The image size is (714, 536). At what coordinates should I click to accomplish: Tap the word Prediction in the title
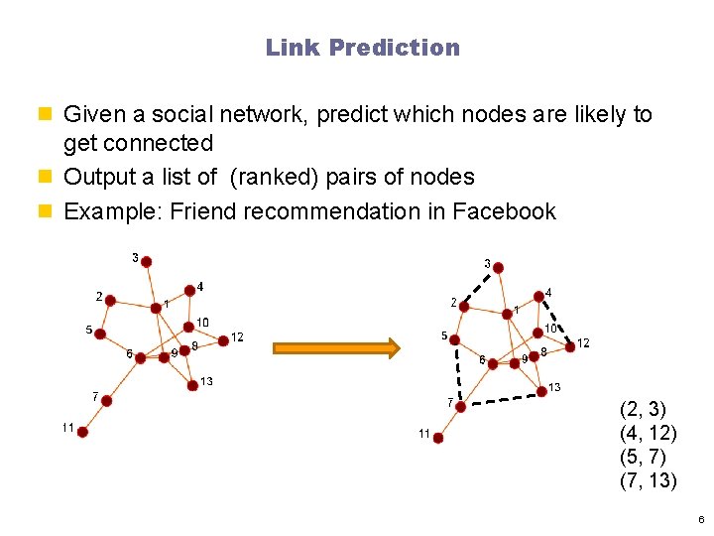coord(395,48)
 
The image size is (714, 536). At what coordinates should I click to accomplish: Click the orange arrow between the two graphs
coord(336,347)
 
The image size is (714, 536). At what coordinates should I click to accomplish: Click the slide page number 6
coord(700,519)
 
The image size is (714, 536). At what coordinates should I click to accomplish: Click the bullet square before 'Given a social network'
coord(51,115)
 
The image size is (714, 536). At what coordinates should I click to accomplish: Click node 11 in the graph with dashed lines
coord(437,436)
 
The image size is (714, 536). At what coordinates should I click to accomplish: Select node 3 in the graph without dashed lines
coord(146,262)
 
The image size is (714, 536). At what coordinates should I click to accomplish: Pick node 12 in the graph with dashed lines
coord(570,346)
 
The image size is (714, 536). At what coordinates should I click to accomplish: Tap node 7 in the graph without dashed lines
coord(106,400)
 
